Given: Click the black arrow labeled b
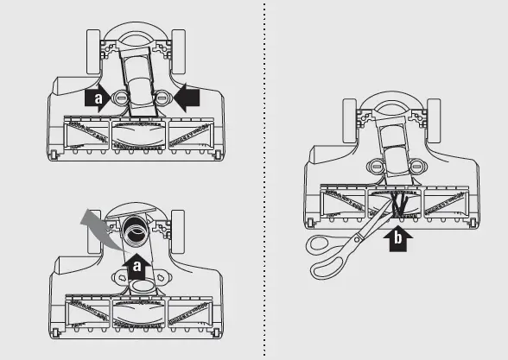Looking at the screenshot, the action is click(397, 238).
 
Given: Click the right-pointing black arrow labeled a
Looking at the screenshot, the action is click(97, 98).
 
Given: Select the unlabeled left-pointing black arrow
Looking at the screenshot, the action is click(187, 98).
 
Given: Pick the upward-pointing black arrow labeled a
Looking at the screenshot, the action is click(137, 266).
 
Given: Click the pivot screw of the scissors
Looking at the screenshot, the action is click(357, 240).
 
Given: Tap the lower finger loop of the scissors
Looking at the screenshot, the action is click(327, 267).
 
